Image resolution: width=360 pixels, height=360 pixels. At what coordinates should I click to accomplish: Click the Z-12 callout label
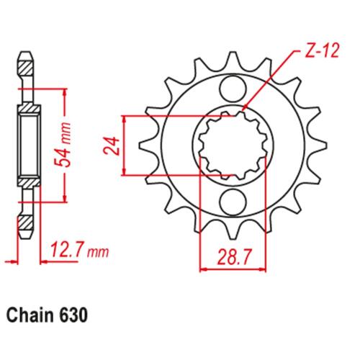[321, 51]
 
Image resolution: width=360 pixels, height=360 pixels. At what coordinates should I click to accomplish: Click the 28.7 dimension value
[233, 256]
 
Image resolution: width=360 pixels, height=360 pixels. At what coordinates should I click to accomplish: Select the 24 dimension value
[112, 146]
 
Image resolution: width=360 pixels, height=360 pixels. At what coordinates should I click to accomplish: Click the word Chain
[30, 315]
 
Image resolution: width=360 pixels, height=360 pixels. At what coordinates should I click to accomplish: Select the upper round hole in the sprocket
[233, 89]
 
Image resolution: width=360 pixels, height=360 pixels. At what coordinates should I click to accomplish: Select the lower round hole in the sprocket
[233, 202]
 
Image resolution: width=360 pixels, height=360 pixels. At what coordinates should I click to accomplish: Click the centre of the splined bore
[233, 145]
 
